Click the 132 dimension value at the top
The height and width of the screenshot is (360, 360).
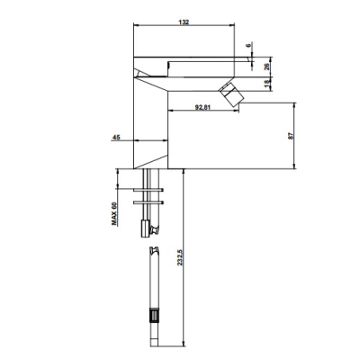tap(184, 22)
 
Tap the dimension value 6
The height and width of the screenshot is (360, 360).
tap(248, 46)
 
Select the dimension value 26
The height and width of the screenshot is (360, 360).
tap(266, 67)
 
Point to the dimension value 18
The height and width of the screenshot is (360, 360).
tap(266, 85)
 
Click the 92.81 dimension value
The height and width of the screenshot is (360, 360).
tap(202, 107)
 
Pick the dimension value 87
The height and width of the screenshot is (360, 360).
tap(291, 136)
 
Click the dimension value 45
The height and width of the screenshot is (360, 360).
tap(116, 138)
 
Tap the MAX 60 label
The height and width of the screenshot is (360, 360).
tap(114, 213)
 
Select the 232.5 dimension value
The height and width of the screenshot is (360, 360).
tap(179, 257)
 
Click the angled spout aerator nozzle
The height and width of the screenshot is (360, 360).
tap(231, 94)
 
